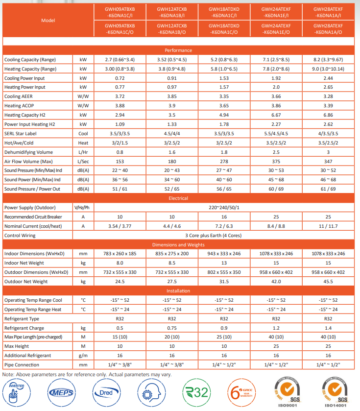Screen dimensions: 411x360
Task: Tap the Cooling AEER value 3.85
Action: tap(172, 97)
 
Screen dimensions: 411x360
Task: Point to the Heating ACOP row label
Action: tap(20, 106)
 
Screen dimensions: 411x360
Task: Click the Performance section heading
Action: tap(178, 50)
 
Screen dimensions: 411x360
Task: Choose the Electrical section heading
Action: tap(178, 198)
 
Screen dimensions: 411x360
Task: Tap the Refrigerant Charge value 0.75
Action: tap(172, 328)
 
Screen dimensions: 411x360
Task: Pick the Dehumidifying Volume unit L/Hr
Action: tap(83, 152)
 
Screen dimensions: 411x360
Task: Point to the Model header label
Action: tap(48, 21)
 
